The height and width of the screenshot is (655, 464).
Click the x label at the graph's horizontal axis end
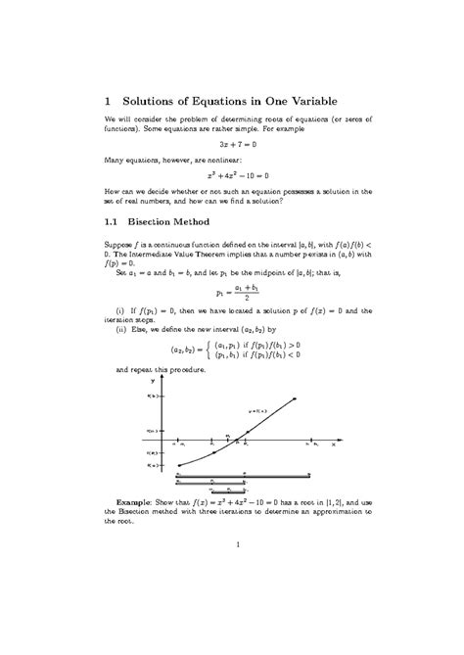tap(334, 444)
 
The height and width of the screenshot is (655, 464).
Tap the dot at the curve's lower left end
tap(178, 465)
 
